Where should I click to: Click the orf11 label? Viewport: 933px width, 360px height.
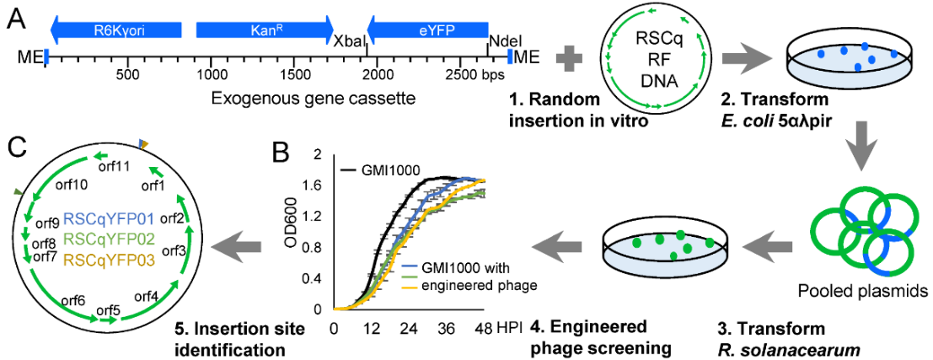[119, 166]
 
